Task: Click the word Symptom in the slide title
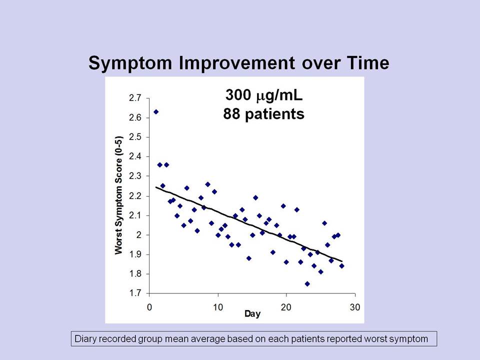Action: pyautogui.click(x=130, y=63)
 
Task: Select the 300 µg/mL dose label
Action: pyautogui.click(x=264, y=95)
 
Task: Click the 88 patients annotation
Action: pyautogui.click(x=264, y=114)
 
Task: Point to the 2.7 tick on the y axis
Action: pyautogui.click(x=135, y=98)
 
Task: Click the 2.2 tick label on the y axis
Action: pyautogui.click(x=135, y=196)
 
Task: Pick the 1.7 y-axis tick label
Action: pyautogui.click(x=135, y=293)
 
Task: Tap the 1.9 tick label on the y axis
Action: pyautogui.click(x=135, y=254)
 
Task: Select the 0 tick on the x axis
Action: pyautogui.click(x=149, y=307)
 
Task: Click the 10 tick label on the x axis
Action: pyautogui.click(x=218, y=307)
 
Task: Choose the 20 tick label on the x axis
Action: pyautogui.click(x=286, y=307)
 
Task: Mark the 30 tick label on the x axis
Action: pyautogui.click(x=355, y=307)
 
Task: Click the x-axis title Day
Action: pyautogui.click(x=252, y=314)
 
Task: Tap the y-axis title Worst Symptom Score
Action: pyautogui.click(x=119, y=195)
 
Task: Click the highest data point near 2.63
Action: pyautogui.click(x=156, y=111)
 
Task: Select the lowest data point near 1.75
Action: pyautogui.click(x=307, y=284)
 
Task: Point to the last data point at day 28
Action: pyautogui.click(x=341, y=266)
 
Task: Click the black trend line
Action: pyautogui.click(x=249, y=224)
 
